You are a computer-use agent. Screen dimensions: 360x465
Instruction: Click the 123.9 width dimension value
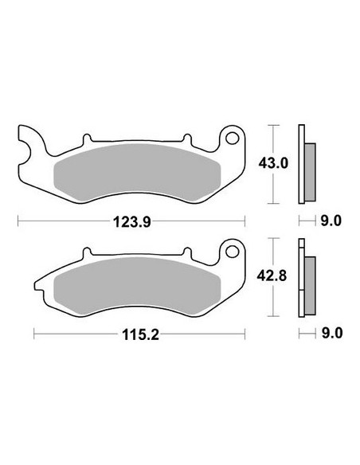(x=132, y=222)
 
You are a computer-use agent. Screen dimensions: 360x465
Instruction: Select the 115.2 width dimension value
(x=140, y=334)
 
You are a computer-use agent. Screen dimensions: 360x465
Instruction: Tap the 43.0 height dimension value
(x=273, y=163)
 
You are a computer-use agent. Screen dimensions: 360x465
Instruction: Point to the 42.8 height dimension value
(x=272, y=276)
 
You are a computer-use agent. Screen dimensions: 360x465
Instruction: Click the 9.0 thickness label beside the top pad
(x=331, y=221)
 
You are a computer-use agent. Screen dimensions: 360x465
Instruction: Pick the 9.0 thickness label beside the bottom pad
(x=332, y=334)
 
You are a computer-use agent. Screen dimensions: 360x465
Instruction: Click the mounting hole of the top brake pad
(x=232, y=139)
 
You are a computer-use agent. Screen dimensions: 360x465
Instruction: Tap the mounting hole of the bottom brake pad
(x=232, y=252)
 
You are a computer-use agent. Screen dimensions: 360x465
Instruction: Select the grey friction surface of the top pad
(x=137, y=172)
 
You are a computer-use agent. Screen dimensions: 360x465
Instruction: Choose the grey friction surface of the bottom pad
(x=137, y=286)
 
